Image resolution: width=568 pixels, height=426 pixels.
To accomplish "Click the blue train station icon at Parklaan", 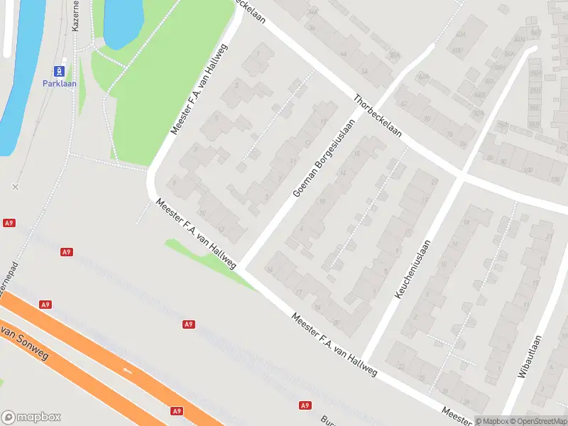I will pyautogui.click(x=60, y=71).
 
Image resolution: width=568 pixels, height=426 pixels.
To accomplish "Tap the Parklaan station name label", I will pyautogui.click(x=60, y=84).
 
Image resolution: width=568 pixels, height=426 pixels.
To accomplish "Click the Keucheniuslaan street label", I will pyautogui.click(x=413, y=269).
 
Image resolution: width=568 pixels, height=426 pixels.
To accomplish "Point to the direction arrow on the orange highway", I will pyautogui.click(x=129, y=370).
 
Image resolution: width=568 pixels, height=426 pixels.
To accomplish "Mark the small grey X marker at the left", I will pyautogui.click(x=15, y=187).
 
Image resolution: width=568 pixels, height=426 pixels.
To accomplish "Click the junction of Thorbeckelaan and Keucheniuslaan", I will pyautogui.click(x=461, y=175).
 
